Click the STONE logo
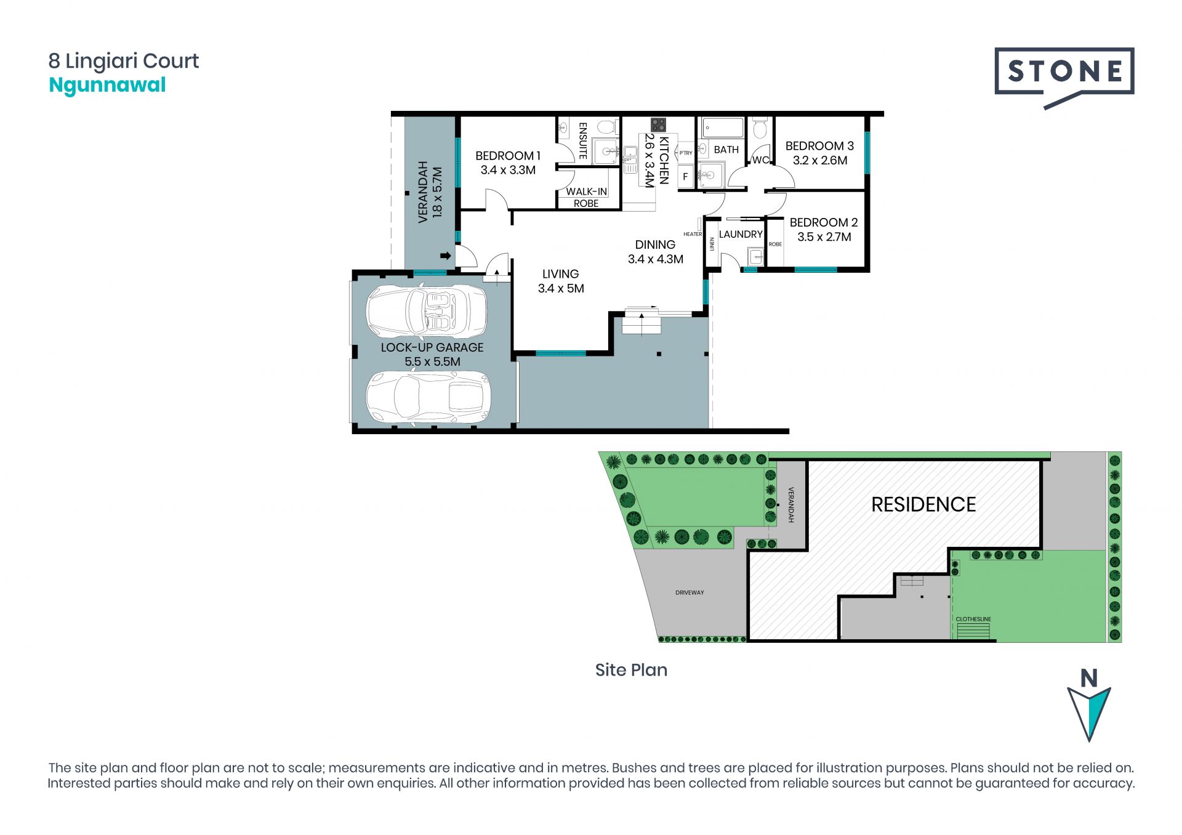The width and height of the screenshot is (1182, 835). tap(1064, 78)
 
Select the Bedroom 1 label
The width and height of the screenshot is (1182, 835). tap(508, 156)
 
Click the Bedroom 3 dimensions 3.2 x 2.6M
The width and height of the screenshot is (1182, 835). tap(820, 161)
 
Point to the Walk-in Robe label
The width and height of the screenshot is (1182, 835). tap(586, 197)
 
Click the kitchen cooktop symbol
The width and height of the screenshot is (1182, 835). tap(659, 125)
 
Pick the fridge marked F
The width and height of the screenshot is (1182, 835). tap(685, 177)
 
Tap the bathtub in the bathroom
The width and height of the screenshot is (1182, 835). tap(723, 128)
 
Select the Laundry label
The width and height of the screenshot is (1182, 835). tap(741, 235)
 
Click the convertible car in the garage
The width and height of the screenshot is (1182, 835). tap(426, 312)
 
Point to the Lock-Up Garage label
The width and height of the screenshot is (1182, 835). tap(432, 347)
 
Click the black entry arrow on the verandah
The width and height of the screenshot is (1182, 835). tap(446, 256)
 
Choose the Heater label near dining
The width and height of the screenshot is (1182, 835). tap(693, 234)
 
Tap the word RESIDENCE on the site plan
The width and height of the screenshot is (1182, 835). tap(923, 505)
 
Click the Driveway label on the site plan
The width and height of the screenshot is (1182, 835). tap(689, 592)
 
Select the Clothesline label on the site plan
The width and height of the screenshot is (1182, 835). tap(973, 619)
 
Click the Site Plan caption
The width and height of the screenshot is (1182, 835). tap(631, 670)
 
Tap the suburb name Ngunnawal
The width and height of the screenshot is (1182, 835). tap(107, 85)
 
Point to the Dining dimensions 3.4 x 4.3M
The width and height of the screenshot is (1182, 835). tap(656, 259)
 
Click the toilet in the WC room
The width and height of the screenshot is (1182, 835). tap(760, 129)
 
